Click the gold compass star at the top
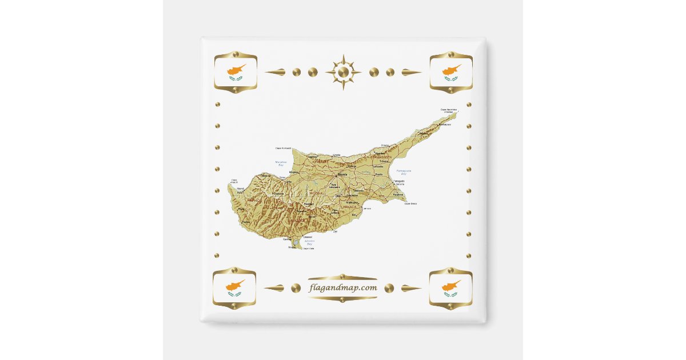[x=343, y=72]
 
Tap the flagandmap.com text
[x=343, y=287]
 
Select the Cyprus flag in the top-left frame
[x=235, y=73]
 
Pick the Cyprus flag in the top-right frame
[x=451, y=73]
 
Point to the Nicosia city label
[x=342, y=174]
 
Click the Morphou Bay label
[x=281, y=163]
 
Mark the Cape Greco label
[x=410, y=203]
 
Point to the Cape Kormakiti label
[x=283, y=148]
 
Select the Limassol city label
[x=308, y=237]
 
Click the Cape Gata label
[x=308, y=249]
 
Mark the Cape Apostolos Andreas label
[x=448, y=110]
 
